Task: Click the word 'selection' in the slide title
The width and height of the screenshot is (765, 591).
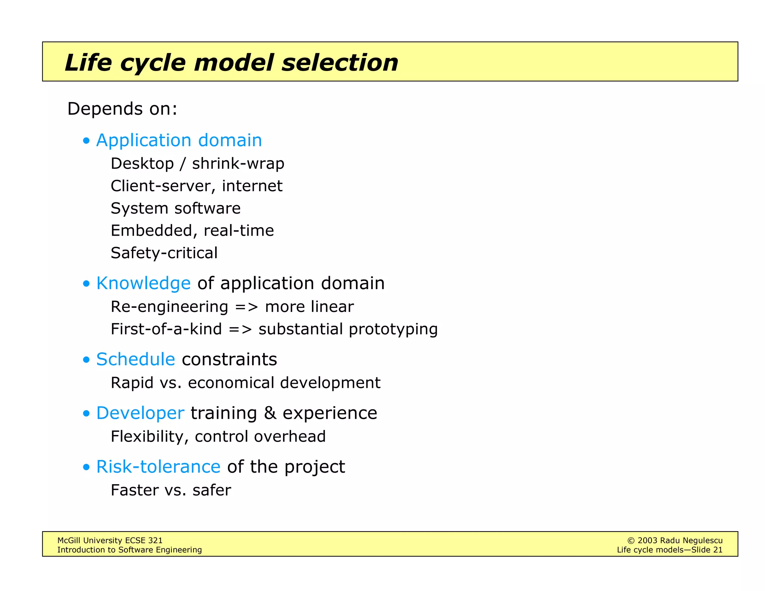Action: click(340, 62)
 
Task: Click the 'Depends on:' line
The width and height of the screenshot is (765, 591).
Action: click(122, 109)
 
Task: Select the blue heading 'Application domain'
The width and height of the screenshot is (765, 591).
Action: click(179, 140)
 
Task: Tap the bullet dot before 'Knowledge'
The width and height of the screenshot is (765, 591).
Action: click(87, 284)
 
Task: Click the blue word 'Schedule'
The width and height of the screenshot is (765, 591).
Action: click(136, 359)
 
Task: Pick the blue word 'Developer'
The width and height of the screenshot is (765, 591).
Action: click(140, 413)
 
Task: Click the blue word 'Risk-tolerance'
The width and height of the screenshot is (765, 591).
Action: click(158, 467)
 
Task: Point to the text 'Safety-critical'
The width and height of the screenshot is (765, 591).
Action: click(164, 253)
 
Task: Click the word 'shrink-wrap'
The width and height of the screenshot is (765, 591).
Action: click(238, 164)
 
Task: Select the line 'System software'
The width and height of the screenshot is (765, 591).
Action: click(176, 208)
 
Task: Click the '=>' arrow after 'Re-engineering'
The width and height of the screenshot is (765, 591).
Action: click(247, 307)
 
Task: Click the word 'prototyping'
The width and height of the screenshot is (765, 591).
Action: click(393, 329)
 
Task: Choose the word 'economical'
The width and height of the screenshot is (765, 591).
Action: click(231, 383)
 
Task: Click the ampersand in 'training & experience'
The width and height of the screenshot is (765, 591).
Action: click(270, 413)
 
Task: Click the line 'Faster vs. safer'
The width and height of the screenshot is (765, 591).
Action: click(171, 491)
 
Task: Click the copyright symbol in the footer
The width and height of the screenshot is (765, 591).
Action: click(631, 541)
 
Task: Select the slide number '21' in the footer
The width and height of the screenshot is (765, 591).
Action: click(718, 550)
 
